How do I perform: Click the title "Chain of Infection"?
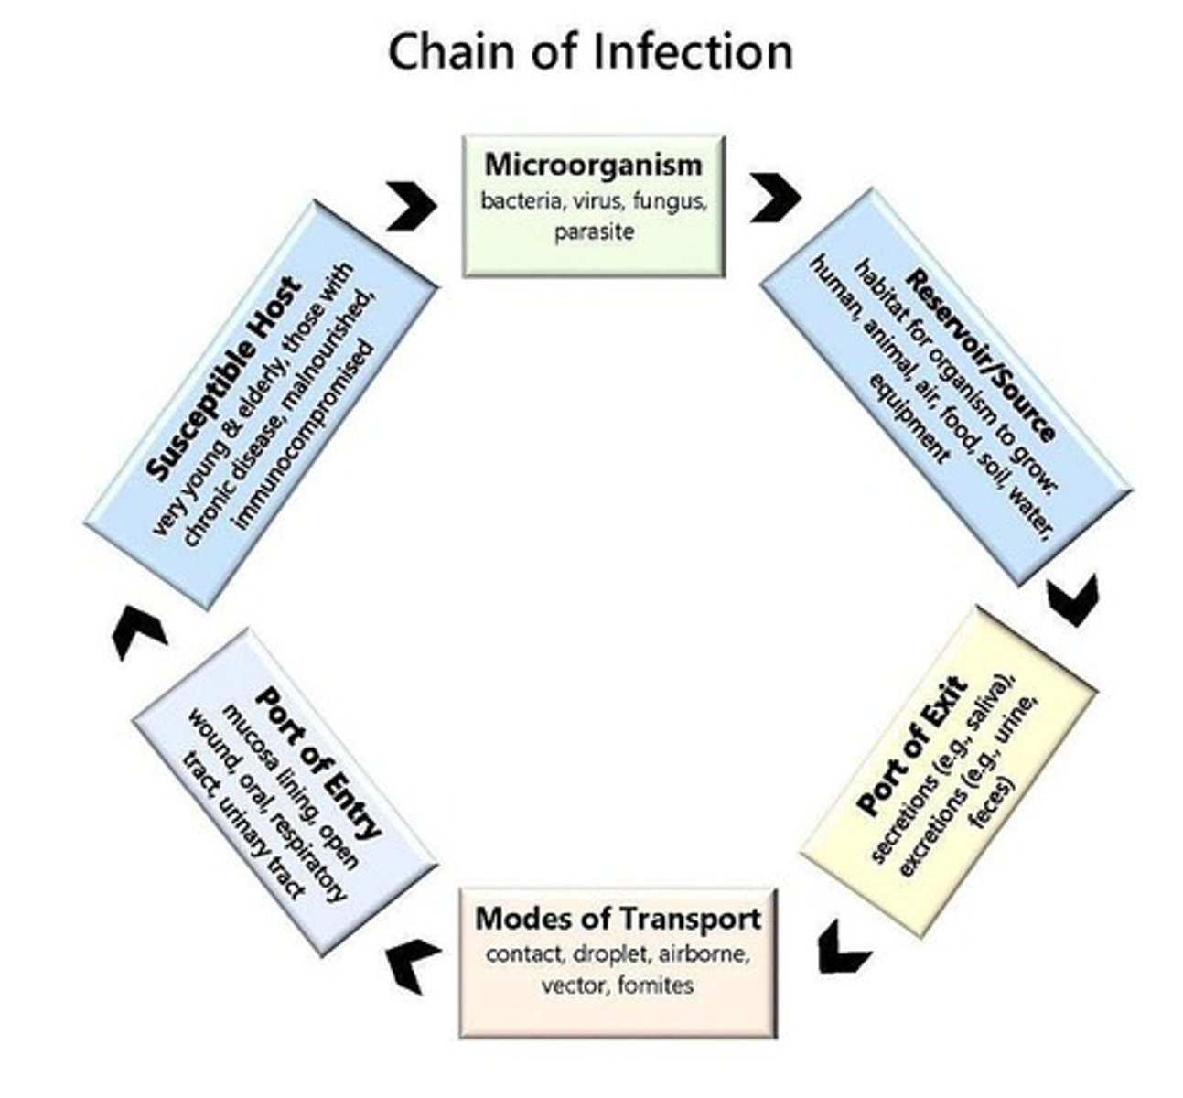(x=590, y=52)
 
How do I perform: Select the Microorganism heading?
(x=594, y=165)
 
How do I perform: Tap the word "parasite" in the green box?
(x=594, y=231)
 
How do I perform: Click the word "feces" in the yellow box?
(x=991, y=802)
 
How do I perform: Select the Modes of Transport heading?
(x=618, y=918)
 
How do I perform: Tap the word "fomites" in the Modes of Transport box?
(x=656, y=985)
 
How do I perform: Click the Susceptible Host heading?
(x=223, y=379)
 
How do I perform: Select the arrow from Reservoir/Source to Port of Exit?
(x=1073, y=600)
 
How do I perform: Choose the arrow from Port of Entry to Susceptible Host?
(x=138, y=632)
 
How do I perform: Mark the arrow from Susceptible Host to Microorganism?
(x=413, y=206)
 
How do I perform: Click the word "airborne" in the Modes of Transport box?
(x=704, y=953)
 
